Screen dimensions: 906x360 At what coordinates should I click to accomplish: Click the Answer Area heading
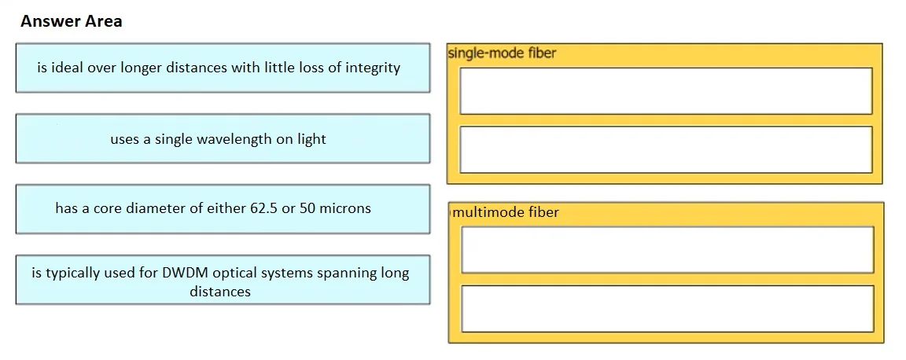[x=71, y=21]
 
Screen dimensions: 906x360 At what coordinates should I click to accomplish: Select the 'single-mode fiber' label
[x=502, y=53]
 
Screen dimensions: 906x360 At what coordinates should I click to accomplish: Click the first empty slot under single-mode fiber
[x=665, y=90]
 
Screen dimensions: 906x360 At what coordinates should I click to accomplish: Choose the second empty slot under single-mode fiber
[x=665, y=149]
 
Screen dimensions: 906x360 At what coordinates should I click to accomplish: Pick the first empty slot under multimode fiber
[x=668, y=250]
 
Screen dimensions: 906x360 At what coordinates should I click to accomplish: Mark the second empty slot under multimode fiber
[x=668, y=309]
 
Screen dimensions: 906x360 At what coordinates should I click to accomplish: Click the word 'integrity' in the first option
[x=373, y=68]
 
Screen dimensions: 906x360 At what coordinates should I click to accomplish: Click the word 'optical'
[x=234, y=274]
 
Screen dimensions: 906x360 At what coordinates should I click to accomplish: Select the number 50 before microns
[x=307, y=208]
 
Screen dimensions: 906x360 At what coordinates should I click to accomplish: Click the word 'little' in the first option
[x=280, y=68]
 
